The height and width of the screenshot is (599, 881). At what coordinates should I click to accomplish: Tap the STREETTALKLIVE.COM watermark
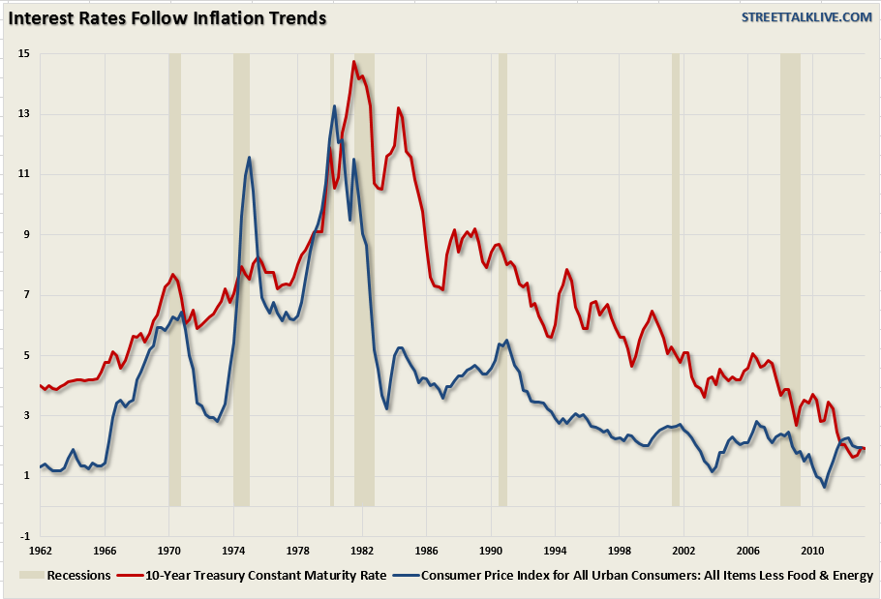pyautogui.click(x=806, y=17)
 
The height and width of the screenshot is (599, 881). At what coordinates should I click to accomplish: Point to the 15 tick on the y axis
pyautogui.click(x=23, y=53)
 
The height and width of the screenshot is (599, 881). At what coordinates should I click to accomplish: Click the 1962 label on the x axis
pyautogui.click(x=40, y=552)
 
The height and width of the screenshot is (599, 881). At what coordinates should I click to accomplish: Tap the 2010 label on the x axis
pyautogui.click(x=812, y=552)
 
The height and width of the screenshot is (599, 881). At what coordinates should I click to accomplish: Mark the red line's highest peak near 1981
pyautogui.click(x=354, y=63)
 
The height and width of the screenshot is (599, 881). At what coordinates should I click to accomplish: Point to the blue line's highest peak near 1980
pyautogui.click(x=334, y=106)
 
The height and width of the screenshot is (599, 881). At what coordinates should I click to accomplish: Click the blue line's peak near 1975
pyautogui.click(x=249, y=158)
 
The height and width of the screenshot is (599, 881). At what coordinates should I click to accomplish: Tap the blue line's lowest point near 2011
pyautogui.click(x=825, y=487)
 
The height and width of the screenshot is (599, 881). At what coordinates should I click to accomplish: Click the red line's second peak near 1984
pyautogui.click(x=398, y=108)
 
